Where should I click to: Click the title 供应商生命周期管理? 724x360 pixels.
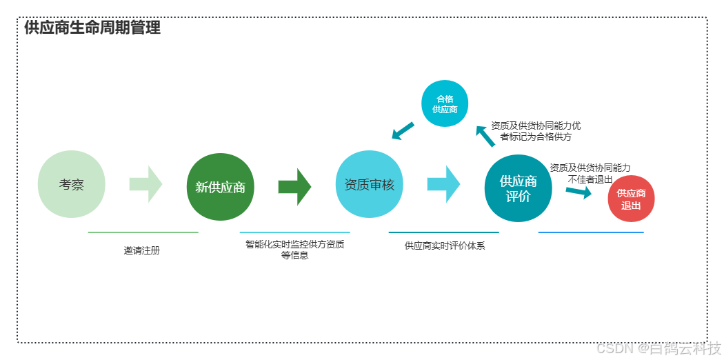coord(92,28)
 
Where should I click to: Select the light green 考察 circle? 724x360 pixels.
coord(72,184)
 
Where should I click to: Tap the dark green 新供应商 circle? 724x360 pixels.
coord(220,187)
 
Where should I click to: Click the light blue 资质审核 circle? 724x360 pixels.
coord(370,184)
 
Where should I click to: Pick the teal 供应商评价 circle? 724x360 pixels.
coord(519,188)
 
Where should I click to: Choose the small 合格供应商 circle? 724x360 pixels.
coord(445,104)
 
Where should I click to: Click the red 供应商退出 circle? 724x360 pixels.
coord(631,199)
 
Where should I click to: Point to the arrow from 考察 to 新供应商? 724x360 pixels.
coord(145,184)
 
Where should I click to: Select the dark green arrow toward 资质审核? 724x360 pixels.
coord(294,186)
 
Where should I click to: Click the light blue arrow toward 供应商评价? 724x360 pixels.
coord(443,184)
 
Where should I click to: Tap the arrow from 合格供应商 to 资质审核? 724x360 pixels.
coord(403,130)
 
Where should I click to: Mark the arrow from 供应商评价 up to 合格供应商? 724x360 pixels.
coord(485,136)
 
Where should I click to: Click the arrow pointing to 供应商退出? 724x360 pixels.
coord(579,192)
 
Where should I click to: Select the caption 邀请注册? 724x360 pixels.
coord(142,251)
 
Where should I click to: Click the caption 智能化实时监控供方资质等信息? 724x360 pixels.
coord(294,250)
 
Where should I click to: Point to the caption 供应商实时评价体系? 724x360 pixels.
coord(445,246)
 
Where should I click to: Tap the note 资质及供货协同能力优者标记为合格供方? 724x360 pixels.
coord(536,131)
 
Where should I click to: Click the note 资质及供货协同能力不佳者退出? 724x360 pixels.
coord(590,173)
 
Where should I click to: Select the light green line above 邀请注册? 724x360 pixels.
coord(143,232)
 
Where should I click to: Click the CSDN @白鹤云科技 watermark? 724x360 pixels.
coord(658,347)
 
